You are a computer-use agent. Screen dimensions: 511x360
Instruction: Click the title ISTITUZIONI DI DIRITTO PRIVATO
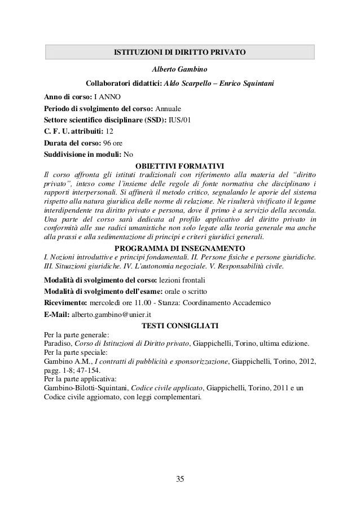pyautogui.click(x=179, y=52)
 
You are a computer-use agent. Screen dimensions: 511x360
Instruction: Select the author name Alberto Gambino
pyautogui.click(x=180, y=69)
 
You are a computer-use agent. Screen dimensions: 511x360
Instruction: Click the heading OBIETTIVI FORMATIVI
pyautogui.click(x=180, y=165)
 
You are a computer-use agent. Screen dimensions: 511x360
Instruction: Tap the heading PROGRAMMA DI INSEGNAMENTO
pyautogui.click(x=179, y=248)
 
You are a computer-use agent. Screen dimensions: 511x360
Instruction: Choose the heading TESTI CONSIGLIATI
pyautogui.click(x=180, y=325)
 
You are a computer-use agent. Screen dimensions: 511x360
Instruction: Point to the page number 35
pyautogui.click(x=180, y=479)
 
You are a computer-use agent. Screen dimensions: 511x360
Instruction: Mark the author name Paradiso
pyautogui.click(x=58, y=343)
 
